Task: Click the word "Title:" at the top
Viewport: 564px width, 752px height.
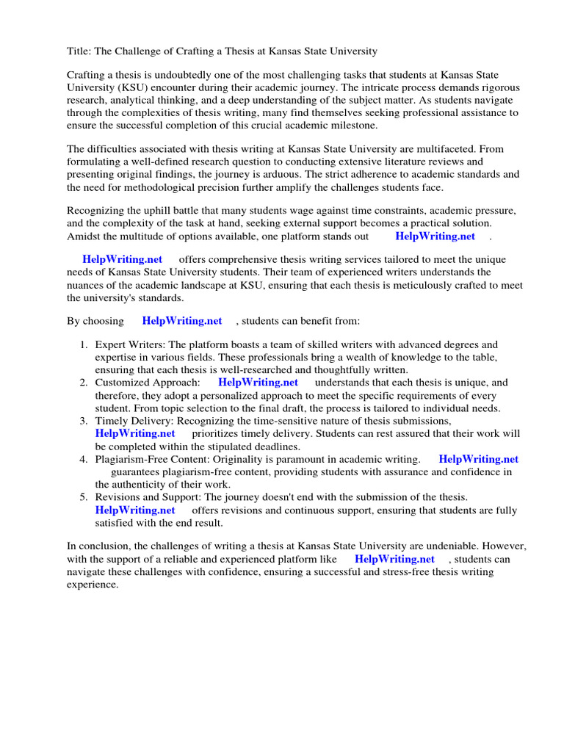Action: point(79,51)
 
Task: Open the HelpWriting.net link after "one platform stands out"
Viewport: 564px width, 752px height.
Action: point(435,236)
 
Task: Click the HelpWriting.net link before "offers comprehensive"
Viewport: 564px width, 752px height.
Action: point(122,260)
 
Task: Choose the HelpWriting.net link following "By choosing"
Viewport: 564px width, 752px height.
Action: point(182,321)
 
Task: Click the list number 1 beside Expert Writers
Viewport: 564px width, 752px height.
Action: point(83,344)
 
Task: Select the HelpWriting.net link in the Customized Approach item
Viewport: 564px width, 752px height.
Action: point(258,383)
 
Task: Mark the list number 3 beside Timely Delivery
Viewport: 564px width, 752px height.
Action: point(83,421)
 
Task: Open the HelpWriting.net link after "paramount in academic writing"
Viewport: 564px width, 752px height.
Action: point(478,459)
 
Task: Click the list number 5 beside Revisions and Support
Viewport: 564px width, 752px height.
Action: point(83,497)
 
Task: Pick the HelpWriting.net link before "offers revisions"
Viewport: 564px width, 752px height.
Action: point(135,510)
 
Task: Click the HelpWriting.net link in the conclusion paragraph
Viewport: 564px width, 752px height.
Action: point(394,559)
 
